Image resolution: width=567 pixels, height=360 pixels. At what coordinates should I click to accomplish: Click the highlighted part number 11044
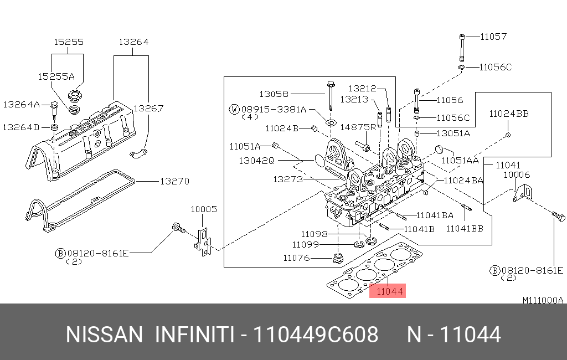(388, 291)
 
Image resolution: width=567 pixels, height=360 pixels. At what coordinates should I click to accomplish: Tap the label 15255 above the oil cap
(68, 42)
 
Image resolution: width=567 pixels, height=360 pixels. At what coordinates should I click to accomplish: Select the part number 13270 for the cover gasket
(174, 181)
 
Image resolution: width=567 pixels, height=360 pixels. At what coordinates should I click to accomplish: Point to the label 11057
(493, 37)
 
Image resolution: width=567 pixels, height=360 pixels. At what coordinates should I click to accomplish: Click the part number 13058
(274, 94)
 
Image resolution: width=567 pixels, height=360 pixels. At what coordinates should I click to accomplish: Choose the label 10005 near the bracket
(204, 209)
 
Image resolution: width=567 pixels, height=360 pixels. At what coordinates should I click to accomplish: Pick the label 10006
(516, 174)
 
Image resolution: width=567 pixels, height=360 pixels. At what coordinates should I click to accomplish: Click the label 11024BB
(508, 114)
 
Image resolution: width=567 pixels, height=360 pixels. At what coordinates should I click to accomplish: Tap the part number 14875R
(358, 127)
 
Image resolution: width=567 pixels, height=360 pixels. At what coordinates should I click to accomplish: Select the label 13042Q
(256, 161)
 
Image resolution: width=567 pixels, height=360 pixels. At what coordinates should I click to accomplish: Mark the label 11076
(296, 258)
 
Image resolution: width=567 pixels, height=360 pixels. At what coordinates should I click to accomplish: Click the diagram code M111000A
(543, 300)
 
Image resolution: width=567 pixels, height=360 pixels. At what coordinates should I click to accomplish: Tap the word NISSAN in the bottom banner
(104, 335)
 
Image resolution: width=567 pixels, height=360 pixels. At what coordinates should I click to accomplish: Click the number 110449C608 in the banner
(316, 335)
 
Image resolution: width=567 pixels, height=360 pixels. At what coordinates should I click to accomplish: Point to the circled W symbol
(234, 109)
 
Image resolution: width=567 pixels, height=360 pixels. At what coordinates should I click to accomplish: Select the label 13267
(148, 109)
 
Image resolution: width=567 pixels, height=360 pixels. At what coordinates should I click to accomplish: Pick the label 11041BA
(435, 215)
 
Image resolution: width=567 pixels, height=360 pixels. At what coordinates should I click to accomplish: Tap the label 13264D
(21, 127)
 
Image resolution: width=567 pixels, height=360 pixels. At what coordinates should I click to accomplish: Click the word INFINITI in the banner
(193, 335)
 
